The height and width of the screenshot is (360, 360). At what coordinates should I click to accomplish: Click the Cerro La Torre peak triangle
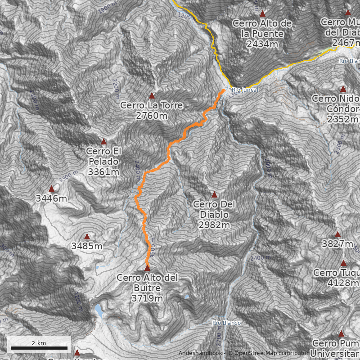click(x=152, y=96)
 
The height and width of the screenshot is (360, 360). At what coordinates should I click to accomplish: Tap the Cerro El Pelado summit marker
click(x=103, y=141)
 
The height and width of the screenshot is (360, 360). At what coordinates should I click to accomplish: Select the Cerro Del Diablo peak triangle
click(x=214, y=195)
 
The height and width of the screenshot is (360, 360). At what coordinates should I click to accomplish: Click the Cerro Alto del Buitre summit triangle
click(x=147, y=268)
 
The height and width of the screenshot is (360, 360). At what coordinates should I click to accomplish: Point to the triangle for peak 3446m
click(x=51, y=189)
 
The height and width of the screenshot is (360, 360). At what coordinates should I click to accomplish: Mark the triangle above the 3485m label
click(x=87, y=237)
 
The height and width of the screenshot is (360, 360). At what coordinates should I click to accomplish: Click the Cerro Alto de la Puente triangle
click(x=262, y=14)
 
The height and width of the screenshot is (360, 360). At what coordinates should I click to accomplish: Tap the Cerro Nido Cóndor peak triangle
click(x=343, y=89)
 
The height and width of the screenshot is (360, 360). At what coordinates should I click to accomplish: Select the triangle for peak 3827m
click(x=337, y=234)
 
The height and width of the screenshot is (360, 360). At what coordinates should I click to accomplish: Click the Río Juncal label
click(x=245, y=90)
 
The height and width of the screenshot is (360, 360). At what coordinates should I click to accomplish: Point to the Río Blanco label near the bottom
click(x=227, y=323)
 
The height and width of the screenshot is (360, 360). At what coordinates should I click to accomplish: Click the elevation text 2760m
click(x=151, y=116)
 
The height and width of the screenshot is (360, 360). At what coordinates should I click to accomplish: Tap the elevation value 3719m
click(x=147, y=298)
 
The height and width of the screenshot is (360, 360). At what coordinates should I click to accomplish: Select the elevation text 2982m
click(x=214, y=225)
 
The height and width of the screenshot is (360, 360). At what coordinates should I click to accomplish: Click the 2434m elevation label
click(x=262, y=44)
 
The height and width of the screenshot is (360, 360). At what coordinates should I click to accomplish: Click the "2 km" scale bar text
click(x=39, y=343)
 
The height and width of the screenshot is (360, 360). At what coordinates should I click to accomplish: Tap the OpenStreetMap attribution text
click(x=270, y=353)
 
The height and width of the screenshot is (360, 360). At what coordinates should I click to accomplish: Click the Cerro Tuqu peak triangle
click(x=343, y=263)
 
